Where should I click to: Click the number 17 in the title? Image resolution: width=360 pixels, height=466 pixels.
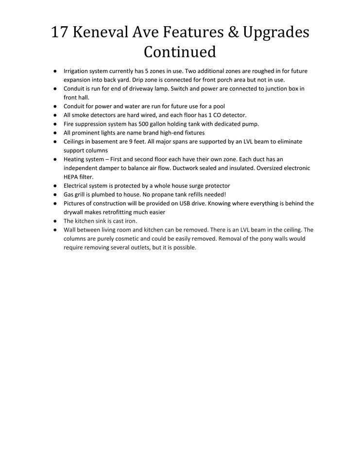point(60,32)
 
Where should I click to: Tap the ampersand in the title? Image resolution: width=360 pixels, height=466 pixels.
point(235,32)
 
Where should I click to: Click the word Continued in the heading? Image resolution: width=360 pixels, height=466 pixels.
point(180,51)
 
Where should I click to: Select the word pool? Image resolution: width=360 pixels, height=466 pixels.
point(219,106)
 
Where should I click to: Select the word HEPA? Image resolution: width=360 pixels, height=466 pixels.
point(71,177)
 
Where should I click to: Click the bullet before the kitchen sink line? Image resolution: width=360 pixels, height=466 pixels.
point(55,221)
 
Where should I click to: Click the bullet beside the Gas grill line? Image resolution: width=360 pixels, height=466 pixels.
point(55,195)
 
